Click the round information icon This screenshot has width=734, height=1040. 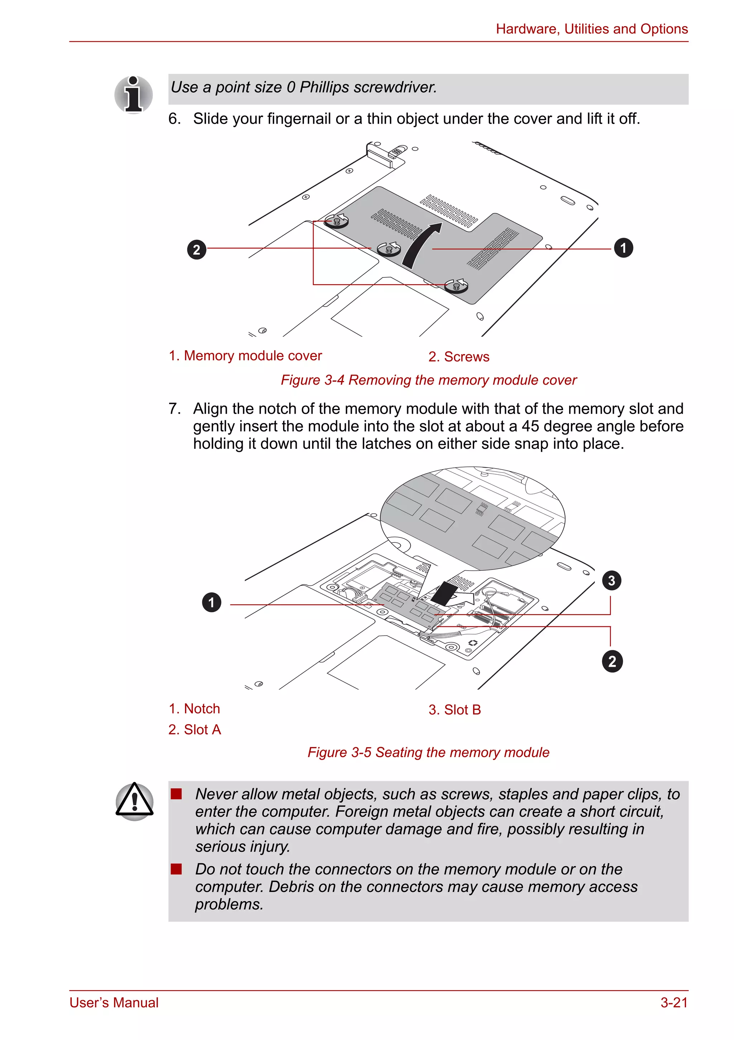[x=134, y=95]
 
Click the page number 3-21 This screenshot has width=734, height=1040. [x=673, y=1002]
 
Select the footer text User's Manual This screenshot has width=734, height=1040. [x=114, y=1002]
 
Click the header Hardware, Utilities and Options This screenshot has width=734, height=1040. [x=591, y=29]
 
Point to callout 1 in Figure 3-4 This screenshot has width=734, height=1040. [x=623, y=248]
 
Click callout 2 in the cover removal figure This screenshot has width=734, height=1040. [x=196, y=250]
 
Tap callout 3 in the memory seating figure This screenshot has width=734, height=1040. [x=611, y=580]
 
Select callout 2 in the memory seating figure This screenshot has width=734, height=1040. [x=612, y=661]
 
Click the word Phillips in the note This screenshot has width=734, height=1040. [x=324, y=87]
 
